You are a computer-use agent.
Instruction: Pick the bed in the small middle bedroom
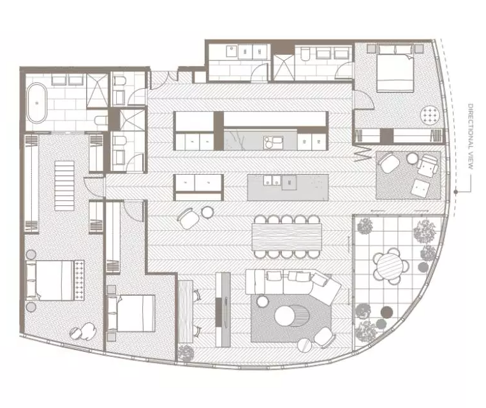point(134,312)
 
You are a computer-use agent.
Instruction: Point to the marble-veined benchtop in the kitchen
point(241,140)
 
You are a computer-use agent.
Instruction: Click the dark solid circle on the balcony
point(387,312)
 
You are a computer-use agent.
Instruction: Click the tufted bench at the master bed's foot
point(79,280)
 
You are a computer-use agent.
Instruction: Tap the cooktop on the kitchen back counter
point(273,142)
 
